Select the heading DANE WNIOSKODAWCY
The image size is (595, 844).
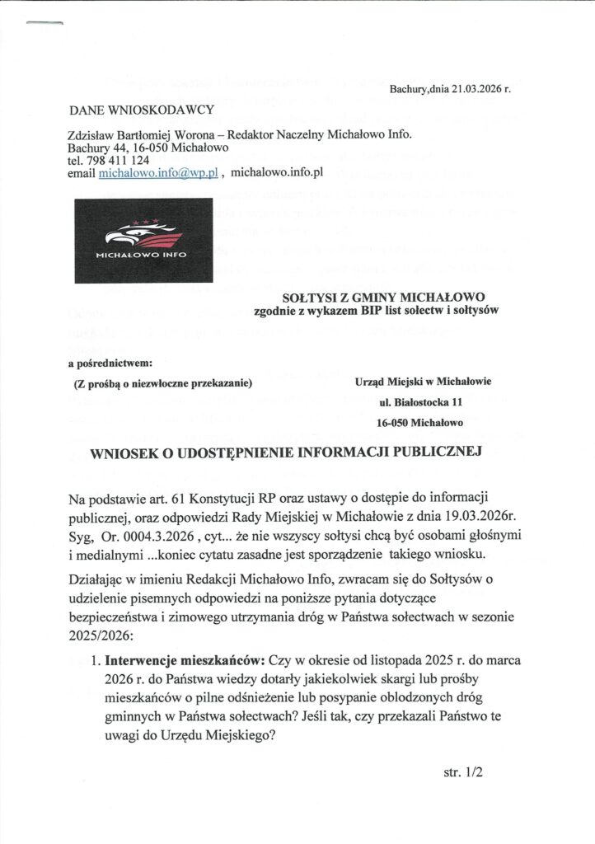[x=141, y=109]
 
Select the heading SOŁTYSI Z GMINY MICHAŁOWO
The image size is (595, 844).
[x=383, y=297]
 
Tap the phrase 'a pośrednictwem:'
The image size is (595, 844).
[x=111, y=363]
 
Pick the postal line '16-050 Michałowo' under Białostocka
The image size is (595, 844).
[x=419, y=422]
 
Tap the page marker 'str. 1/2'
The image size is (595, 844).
[x=466, y=775]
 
